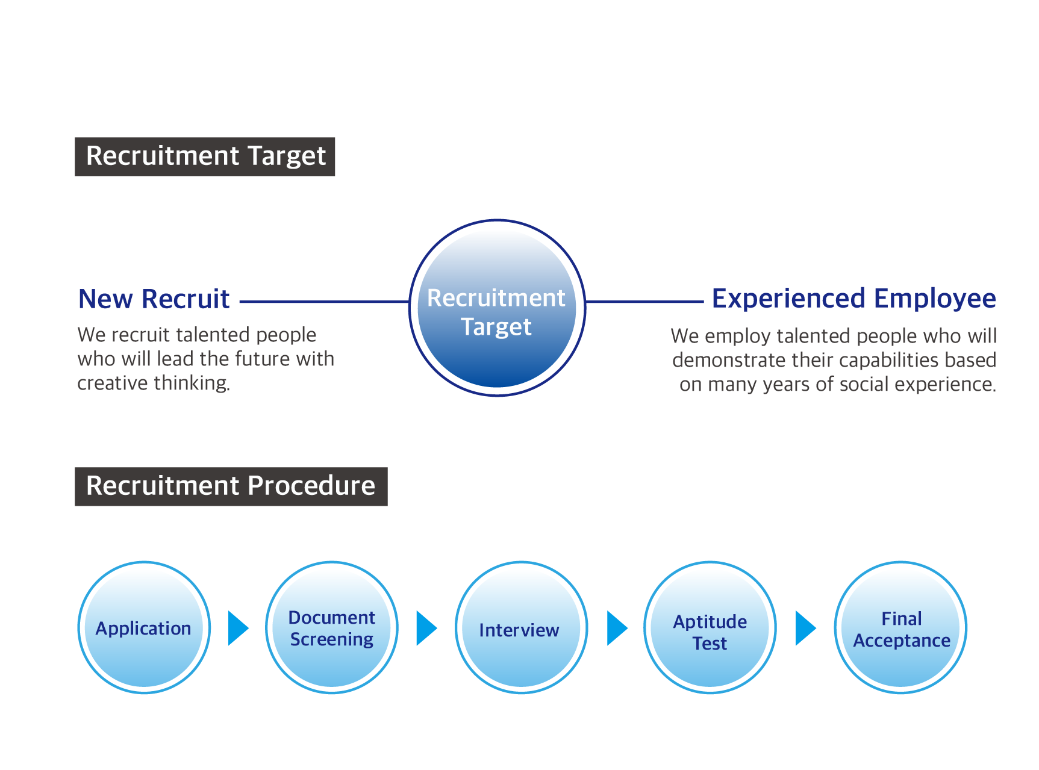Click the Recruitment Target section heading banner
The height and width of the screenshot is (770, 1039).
tap(205, 157)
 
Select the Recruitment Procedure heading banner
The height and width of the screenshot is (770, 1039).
tap(231, 486)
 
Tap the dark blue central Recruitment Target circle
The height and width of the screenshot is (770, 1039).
tap(497, 308)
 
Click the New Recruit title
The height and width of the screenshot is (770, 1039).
tap(154, 299)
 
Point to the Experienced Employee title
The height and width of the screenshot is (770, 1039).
tap(854, 299)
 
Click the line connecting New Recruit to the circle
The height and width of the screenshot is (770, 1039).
tap(325, 302)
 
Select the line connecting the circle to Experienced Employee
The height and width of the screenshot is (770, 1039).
tap(644, 302)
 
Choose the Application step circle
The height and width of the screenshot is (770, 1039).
tap(144, 627)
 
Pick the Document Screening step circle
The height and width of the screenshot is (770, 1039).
tap(332, 627)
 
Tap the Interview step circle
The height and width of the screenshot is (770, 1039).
tap(521, 627)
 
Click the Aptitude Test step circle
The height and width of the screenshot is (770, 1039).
tap(710, 627)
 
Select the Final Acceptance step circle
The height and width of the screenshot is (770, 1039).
tap(900, 627)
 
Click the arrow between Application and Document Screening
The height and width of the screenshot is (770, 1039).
tap(239, 628)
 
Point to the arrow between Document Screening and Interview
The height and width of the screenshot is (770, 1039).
tap(427, 628)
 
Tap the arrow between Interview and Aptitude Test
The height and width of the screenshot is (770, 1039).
tap(617, 628)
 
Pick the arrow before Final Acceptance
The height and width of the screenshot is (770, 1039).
tap(806, 628)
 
